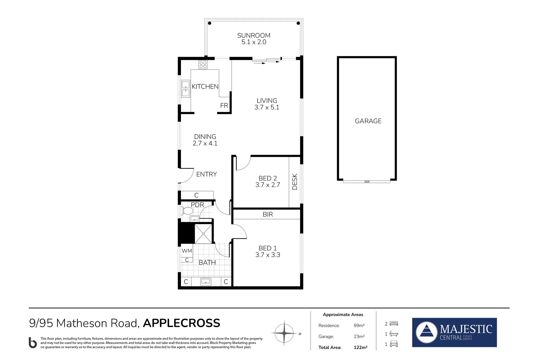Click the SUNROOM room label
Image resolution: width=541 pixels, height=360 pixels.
[x=254, y=35]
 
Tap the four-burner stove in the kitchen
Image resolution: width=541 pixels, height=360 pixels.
[x=203, y=65]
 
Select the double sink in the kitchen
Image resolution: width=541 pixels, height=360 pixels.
[x=186, y=89]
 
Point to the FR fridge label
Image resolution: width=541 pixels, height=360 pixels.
[x=224, y=106]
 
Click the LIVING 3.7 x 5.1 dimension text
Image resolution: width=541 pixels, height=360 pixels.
[x=267, y=107]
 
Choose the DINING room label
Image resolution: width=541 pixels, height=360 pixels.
[x=205, y=137]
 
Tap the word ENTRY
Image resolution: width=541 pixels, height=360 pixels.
[x=207, y=174]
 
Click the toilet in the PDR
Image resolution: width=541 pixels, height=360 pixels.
[x=187, y=211]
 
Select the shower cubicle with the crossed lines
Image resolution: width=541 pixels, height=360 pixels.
[x=203, y=234]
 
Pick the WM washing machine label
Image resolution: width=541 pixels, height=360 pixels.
[x=187, y=251]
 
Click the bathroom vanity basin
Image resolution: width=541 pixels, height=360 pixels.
[x=206, y=282]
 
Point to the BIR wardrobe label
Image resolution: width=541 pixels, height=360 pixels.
[x=268, y=214]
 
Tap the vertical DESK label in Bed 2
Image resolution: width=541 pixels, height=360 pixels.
[x=295, y=182]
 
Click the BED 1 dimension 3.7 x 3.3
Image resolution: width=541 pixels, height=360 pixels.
[x=268, y=255]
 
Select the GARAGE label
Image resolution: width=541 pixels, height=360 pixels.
[x=368, y=121]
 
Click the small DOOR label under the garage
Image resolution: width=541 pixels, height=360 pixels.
[x=367, y=182]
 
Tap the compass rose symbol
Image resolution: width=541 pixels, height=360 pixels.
[x=284, y=333]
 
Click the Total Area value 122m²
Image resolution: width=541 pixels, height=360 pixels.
[x=361, y=348]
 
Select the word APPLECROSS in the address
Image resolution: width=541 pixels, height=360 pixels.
[x=182, y=323]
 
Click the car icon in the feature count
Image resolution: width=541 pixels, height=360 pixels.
[x=394, y=344]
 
